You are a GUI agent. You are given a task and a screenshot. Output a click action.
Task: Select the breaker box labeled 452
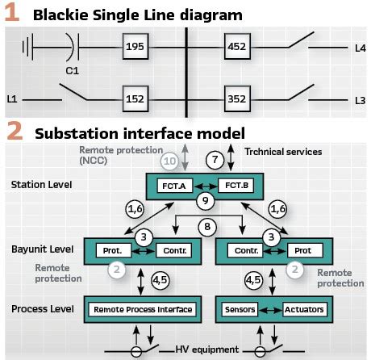coord(236,48)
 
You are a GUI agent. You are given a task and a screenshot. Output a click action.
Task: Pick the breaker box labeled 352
coord(236,100)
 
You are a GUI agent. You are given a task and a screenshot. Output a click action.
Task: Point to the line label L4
coord(360,48)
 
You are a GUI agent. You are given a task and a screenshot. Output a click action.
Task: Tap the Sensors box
coord(241,308)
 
